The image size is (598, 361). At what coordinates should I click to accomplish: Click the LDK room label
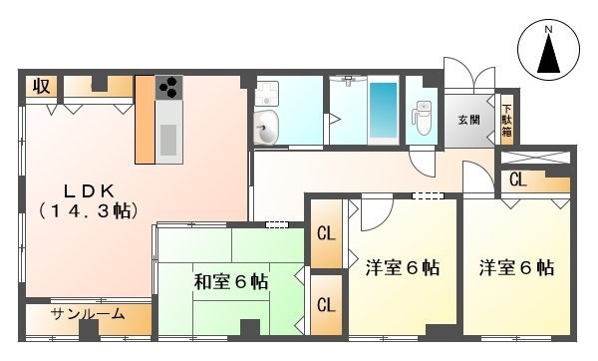tap(89, 191)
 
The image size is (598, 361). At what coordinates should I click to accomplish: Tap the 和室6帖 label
tap(231, 282)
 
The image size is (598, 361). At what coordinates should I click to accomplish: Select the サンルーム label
tap(88, 314)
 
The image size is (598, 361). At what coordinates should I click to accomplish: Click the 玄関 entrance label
tap(468, 121)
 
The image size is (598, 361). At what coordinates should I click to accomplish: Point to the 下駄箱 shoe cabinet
tap(507, 121)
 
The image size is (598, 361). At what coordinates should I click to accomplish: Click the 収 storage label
tap(41, 86)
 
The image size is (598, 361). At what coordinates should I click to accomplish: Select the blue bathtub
tap(384, 111)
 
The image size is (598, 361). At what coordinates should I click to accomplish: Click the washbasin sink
tap(266, 129)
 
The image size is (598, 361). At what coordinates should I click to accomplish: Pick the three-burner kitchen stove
tap(169, 88)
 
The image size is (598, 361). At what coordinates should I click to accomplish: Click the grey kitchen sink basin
tap(168, 140)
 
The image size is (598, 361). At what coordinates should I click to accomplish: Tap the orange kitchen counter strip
tap(145, 120)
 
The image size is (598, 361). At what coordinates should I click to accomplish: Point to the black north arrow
tap(548, 54)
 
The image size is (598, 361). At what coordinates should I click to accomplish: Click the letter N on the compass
tap(548, 29)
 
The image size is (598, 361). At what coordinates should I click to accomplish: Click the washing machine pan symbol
tap(266, 93)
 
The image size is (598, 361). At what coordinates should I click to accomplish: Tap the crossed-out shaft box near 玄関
tap(535, 158)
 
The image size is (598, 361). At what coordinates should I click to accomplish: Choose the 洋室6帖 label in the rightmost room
tap(516, 268)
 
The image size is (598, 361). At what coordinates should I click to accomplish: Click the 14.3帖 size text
tap(89, 211)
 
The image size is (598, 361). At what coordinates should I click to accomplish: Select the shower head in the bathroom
tap(348, 80)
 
